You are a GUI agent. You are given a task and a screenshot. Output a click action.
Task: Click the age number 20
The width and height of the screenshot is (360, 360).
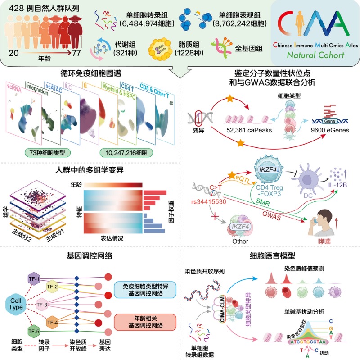point(13,54)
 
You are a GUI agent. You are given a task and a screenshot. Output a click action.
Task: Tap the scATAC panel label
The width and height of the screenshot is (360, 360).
point(53,86)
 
